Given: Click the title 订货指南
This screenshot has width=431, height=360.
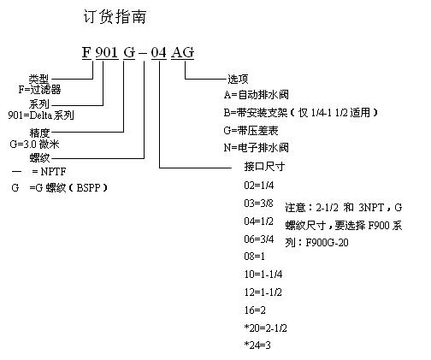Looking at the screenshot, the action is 115,16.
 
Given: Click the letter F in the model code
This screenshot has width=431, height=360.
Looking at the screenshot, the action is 86,52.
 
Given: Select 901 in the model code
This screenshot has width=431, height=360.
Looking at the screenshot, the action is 107,52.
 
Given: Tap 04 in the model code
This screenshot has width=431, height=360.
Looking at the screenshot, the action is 158,53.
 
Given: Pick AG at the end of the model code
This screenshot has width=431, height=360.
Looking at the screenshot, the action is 182,52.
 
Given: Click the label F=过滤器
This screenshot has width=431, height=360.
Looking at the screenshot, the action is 39,90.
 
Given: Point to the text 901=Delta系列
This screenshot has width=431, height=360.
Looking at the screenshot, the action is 41,115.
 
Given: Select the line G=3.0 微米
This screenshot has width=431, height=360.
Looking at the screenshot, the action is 34,145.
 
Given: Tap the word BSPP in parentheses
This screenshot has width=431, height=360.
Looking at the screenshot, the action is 89,188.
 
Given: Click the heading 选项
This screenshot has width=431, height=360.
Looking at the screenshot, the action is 238,79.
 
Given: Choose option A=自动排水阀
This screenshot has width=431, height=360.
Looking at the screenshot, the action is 257,95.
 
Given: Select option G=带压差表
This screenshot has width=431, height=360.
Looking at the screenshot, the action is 251,131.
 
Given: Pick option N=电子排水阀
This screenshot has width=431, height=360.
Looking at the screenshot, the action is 257,148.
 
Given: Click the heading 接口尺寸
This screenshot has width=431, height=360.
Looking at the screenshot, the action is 264,167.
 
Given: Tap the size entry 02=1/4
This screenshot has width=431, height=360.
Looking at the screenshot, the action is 259,186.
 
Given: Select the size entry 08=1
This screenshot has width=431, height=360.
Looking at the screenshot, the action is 255,257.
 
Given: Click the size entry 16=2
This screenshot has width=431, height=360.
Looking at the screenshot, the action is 255,310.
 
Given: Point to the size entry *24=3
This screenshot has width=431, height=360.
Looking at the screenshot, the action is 257,345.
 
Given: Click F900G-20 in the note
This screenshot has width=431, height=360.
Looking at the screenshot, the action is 327,243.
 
